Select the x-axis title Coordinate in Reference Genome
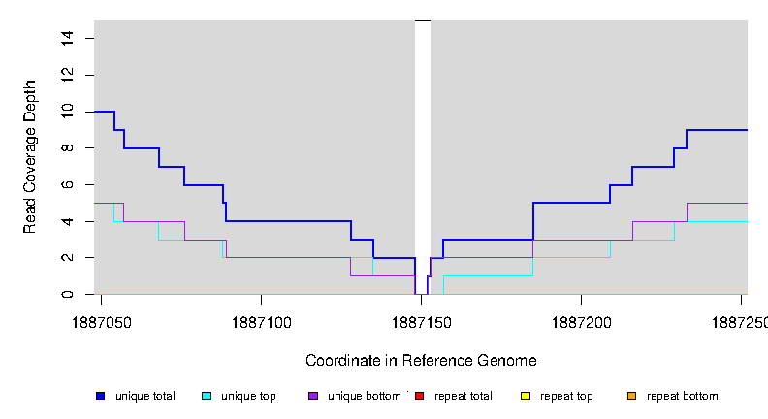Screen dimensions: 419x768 tap(421, 360)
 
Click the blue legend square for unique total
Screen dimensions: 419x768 tap(100, 396)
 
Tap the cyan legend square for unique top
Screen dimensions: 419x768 tap(207, 396)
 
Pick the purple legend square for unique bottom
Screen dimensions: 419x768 tap(313, 396)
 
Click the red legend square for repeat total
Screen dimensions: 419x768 tap(419, 396)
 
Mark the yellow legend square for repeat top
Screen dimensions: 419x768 tap(526, 396)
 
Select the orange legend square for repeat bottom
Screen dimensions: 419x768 tap(631, 396)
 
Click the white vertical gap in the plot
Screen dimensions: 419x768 tap(422, 145)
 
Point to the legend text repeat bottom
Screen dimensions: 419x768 tap(683, 396)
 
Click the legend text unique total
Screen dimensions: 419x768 tap(145, 396)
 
